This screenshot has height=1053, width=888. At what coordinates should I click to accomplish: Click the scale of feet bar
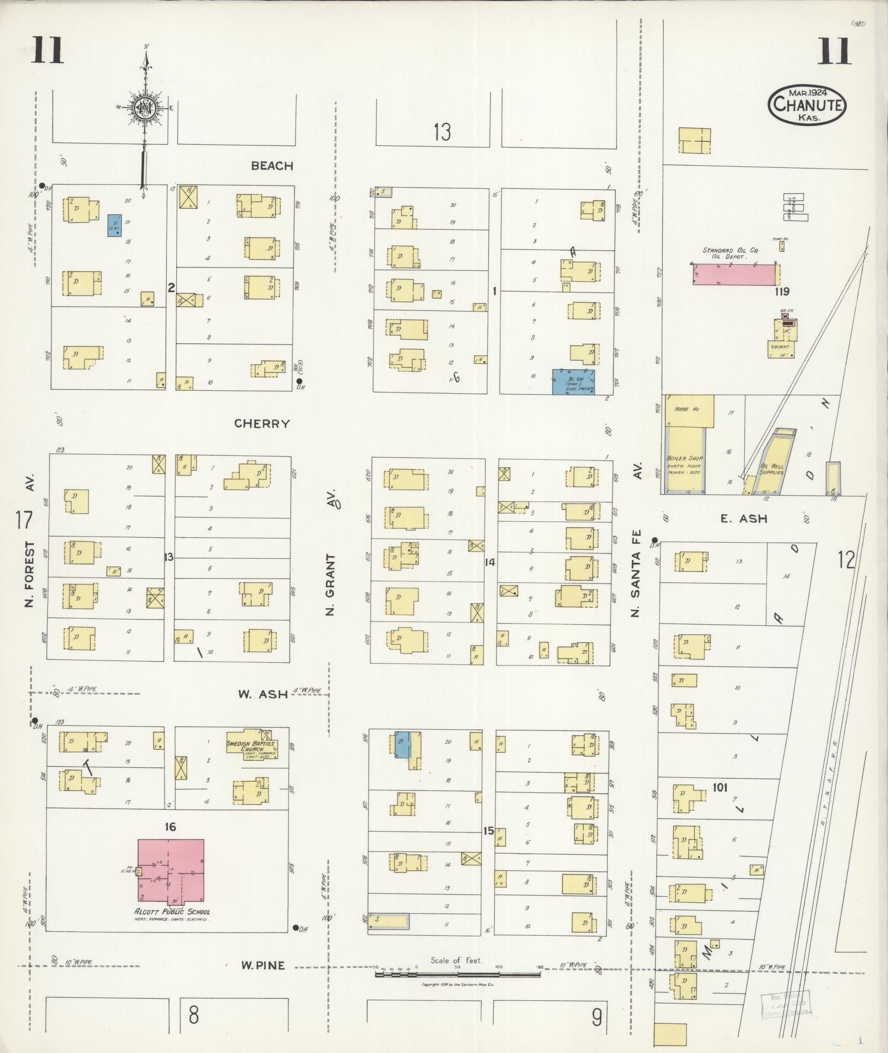click(457, 975)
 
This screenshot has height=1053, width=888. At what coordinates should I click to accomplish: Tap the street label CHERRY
click(262, 424)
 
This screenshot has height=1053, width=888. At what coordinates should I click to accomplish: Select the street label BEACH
click(272, 166)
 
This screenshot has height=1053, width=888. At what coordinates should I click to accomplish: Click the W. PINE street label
click(262, 965)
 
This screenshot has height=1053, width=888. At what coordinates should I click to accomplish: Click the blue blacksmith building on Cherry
click(573, 382)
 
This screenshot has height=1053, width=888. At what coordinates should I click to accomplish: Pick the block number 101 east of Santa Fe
click(720, 788)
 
